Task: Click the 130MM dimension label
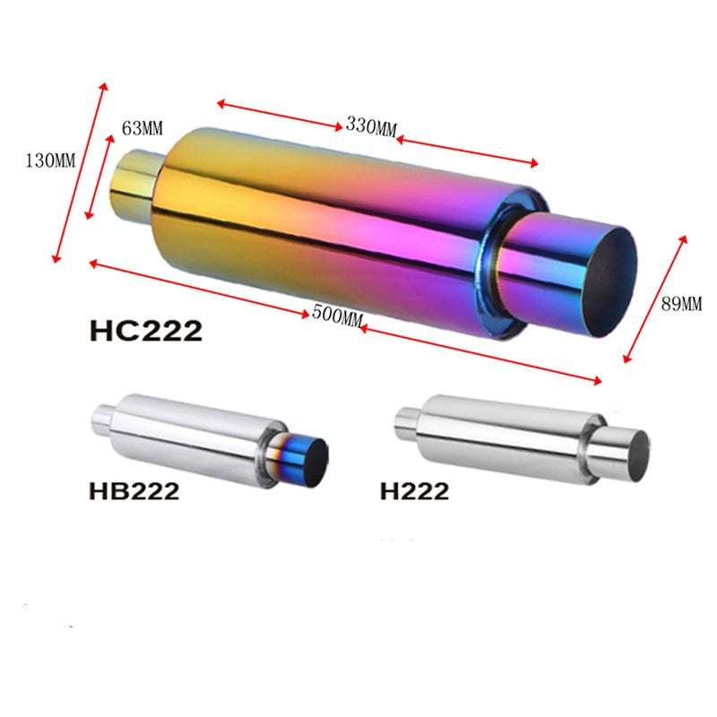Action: (51, 161)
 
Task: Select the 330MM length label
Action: (370, 125)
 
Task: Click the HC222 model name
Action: (145, 331)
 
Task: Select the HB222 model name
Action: (134, 491)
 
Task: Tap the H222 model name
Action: (414, 491)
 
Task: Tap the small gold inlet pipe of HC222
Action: (134, 184)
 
